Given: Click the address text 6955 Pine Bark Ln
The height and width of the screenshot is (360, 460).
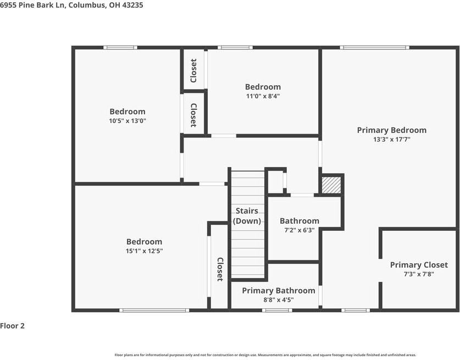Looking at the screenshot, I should pyautogui.click(x=33, y=5).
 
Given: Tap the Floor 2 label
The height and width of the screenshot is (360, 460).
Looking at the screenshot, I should pyautogui.click(x=13, y=326).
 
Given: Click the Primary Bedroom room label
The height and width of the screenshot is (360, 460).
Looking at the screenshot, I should pyautogui.click(x=391, y=130).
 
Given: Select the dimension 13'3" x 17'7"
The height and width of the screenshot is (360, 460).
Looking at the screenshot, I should pyautogui.click(x=391, y=140).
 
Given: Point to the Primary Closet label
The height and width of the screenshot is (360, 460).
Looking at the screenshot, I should pyautogui.click(x=419, y=265).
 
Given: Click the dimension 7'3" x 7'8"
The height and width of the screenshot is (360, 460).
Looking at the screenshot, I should pyautogui.click(x=419, y=274).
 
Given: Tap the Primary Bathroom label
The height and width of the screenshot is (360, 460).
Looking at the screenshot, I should pyautogui.click(x=279, y=291).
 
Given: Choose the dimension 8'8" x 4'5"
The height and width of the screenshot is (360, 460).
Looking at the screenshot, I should pyautogui.click(x=279, y=300).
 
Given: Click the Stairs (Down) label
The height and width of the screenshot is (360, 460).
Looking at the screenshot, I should pyautogui.click(x=247, y=216).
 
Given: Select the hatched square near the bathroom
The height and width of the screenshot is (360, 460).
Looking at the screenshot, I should pyautogui.click(x=331, y=185).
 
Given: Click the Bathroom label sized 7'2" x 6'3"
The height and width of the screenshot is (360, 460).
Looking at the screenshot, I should pyautogui.click(x=300, y=221).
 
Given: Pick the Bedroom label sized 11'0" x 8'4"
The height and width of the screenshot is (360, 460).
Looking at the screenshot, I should pyautogui.click(x=263, y=87).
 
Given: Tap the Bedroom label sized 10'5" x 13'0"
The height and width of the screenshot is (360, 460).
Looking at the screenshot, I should pyautogui.click(x=128, y=112).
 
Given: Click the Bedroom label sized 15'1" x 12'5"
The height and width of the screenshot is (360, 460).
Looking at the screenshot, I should pyautogui.click(x=145, y=242).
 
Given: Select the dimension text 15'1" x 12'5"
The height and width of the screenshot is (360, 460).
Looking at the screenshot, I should pyautogui.click(x=145, y=251).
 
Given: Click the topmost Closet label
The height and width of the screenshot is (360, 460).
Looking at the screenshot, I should pyautogui.click(x=193, y=71).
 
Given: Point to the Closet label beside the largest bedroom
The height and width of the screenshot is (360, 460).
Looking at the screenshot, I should pyautogui.click(x=220, y=269).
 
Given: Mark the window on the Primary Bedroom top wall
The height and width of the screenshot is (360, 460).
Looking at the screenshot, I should pyautogui.click(x=374, y=48).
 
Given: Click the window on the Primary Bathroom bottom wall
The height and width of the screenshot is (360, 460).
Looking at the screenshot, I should pyautogui.click(x=276, y=311).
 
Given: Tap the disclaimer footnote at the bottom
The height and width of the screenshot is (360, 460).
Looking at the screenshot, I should pyautogui.click(x=265, y=355).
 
